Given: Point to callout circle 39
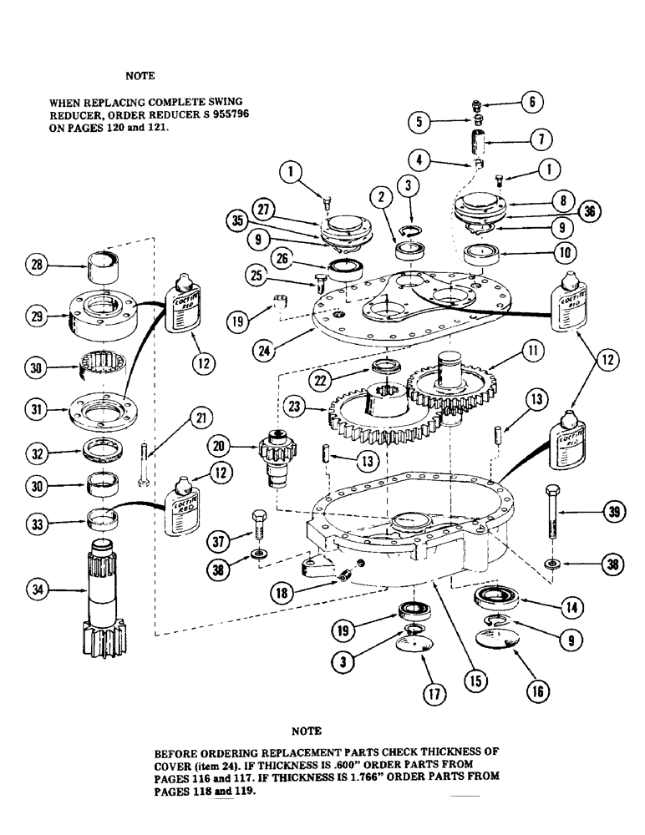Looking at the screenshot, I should [613, 514].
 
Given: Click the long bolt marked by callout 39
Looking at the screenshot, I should [552, 514].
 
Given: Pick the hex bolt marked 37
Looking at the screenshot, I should [257, 524].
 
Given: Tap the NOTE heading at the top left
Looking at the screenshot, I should [140, 75].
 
